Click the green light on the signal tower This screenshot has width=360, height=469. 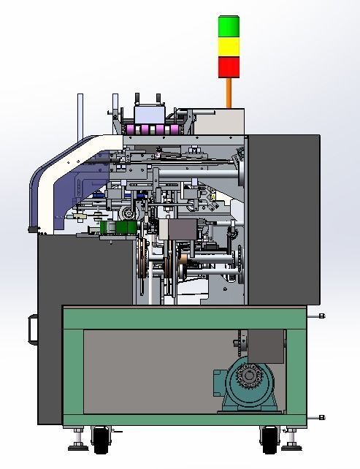tap(229, 26)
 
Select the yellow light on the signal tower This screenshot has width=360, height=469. tap(229, 47)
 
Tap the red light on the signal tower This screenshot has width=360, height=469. tap(229, 66)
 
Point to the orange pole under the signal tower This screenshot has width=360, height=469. tap(229, 93)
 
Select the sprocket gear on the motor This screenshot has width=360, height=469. tap(250, 376)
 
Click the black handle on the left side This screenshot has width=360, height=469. tap(32, 329)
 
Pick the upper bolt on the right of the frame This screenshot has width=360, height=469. tap(321, 316)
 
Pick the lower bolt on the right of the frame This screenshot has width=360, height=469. tap(321, 417)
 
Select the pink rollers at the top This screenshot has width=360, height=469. tap(152, 129)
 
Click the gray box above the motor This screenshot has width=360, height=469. tap(266, 346)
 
